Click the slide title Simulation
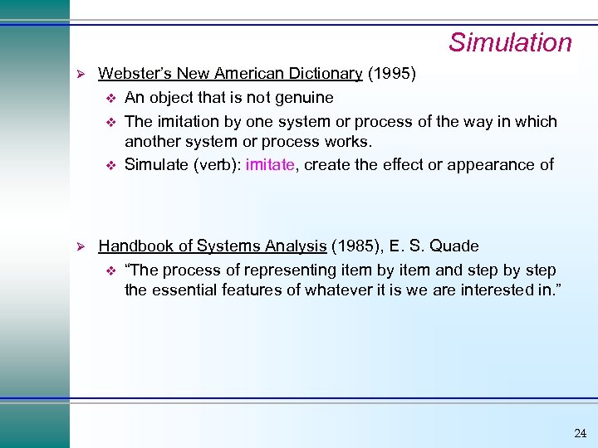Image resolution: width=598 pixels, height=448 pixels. point(510,42)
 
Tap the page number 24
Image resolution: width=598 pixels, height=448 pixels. point(580,433)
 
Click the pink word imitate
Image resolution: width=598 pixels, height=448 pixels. point(270,164)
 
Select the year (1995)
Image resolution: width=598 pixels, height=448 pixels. point(391,74)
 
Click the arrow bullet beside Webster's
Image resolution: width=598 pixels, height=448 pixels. point(81,74)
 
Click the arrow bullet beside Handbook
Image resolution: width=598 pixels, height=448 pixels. point(81,246)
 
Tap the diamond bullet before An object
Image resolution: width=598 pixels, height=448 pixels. point(108,98)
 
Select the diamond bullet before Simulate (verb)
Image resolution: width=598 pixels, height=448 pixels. point(108,164)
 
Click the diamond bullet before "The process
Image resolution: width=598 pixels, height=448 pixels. point(108,270)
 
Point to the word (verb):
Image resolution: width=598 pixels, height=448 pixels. point(218,164)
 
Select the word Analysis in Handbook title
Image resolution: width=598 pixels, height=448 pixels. point(296,246)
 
